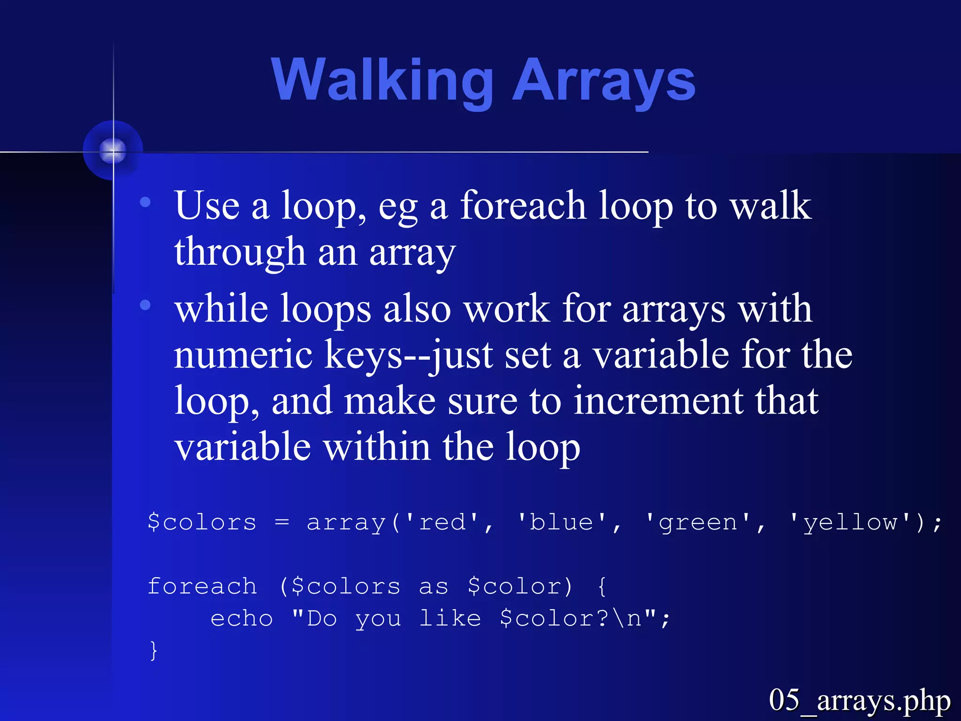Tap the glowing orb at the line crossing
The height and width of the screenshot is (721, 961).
click(113, 151)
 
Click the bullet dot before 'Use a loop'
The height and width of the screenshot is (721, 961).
click(145, 202)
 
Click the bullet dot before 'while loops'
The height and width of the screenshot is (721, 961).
click(145, 305)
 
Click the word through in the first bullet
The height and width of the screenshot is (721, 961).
click(240, 252)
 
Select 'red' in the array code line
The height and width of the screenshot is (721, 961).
click(442, 522)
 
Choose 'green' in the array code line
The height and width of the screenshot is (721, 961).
click(698, 522)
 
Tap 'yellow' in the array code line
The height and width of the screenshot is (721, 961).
click(850, 522)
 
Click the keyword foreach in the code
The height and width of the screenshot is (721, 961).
click(202, 586)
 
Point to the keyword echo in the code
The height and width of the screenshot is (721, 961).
click(242, 618)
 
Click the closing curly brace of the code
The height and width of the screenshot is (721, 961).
click(153, 651)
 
